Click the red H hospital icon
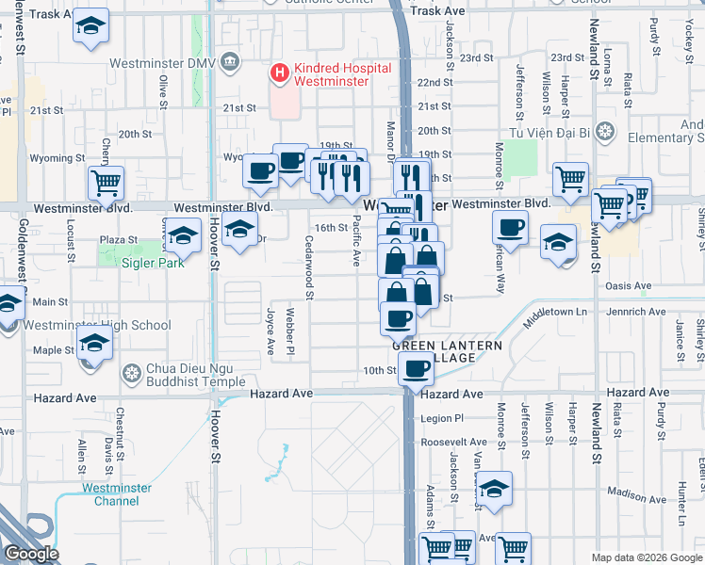coord(279,71)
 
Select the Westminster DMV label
coord(157,64)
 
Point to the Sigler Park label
coord(152,263)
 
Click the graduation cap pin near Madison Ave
coord(494,488)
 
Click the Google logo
coord(31,554)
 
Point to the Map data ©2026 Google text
coord(645,557)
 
